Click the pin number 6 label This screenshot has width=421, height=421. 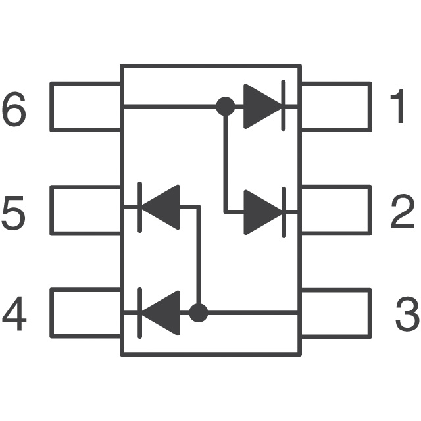(14, 110)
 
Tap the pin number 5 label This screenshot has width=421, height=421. (14, 212)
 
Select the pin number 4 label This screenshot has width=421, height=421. (14, 315)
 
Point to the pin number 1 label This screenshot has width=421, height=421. (399, 107)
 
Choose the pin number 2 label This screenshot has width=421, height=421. (403, 212)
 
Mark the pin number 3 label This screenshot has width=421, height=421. (407, 315)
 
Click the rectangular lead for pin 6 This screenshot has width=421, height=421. (86, 107)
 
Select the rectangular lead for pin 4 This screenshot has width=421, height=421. (86, 313)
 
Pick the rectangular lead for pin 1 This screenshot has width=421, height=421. (335, 107)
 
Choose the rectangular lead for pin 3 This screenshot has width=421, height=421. (335, 313)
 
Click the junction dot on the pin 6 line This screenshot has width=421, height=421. (226, 106)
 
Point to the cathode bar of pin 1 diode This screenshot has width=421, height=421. (284, 106)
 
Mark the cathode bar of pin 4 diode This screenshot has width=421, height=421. (139, 312)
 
